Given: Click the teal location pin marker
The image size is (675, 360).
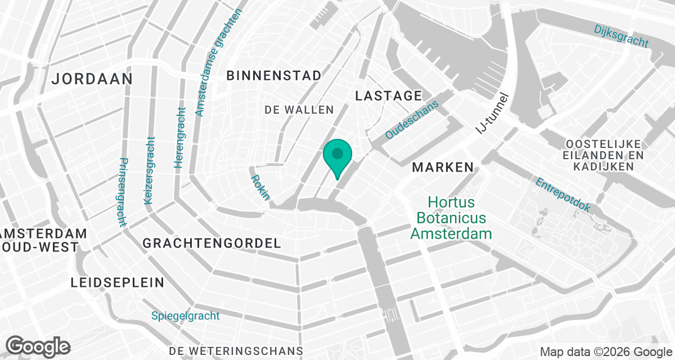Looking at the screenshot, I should pyautogui.click(x=337, y=156).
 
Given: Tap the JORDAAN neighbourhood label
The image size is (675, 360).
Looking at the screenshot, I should pyautogui.click(x=92, y=79).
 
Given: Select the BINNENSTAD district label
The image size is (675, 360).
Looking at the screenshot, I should pyautogui.click(x=273, y=75).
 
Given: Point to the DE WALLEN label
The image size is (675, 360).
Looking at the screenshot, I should pyautogui.click(x=299, y=110).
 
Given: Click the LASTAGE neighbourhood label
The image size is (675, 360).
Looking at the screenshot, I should pyautogui.click(x=388, y=96).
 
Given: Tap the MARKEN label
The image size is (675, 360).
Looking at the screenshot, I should pyautogui.click(x=443, y=167).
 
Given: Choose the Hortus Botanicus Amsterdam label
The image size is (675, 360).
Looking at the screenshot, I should pyautogui.click(x=451, y=218).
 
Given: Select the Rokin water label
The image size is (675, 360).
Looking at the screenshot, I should pyautogui.click(x=260, y=187).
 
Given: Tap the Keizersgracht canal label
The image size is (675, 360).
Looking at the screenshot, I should pyautogui.click(x=149, y=170).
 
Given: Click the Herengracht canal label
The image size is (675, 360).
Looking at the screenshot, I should pyautogui.click(x=179, y=138).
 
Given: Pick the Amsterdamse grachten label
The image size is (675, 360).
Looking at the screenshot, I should pyautogui.click(x=218, y=62).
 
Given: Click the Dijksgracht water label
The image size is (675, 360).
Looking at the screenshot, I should pyautogui.click(x=621, y=35).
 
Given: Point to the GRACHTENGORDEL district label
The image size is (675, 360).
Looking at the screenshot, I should pyautogui.click(x=211, y=244).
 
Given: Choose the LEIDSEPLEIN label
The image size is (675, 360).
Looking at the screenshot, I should pyautogui.click(x=118, y=282).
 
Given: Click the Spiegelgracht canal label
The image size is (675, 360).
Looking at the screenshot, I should pyautogui.click(x=185, y=316).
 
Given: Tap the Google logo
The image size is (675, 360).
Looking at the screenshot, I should pyautogui.click(x=38, y=346).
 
